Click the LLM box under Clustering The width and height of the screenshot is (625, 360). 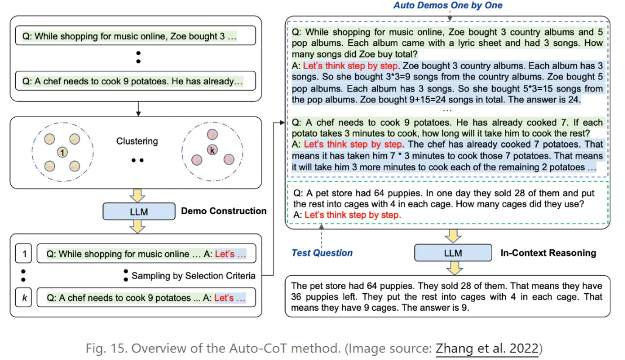point(139,211)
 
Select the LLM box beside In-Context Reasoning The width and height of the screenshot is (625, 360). point(452,253)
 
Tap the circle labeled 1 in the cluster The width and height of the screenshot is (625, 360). point(61,152)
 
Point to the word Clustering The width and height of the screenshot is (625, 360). point(137,141)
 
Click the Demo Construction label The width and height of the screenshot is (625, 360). point(224,211)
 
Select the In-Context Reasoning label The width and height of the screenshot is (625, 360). point(548,253)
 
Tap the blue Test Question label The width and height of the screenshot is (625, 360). point(322,253)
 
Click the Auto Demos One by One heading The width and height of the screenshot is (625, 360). point(448,5)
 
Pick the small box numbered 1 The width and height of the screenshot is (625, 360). point(23,254)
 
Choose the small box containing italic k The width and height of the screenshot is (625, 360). point(23,298)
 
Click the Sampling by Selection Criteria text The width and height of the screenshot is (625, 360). point(193,276)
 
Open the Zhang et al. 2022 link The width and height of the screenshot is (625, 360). point(486,348)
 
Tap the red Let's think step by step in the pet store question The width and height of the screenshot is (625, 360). point(353,215)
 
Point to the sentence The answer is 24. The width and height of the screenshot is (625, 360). point(541,100)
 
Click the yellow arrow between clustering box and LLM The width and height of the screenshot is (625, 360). point(138,196)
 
